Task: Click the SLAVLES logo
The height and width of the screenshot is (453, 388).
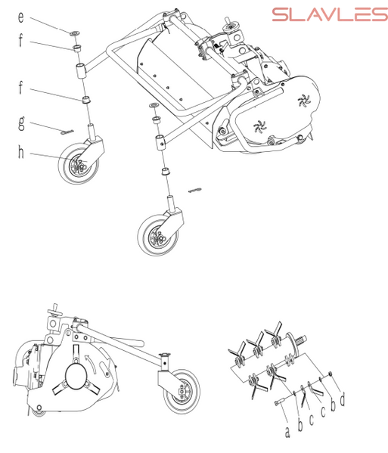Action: click(x=330, y=14)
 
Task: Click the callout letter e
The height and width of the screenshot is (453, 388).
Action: click(x=21, y=17)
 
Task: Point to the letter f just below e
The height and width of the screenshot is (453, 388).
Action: click(x=20, y=39)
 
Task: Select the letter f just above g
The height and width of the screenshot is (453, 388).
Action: click(x=20, y=87)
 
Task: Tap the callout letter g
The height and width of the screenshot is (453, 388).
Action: click(x=21, y=123)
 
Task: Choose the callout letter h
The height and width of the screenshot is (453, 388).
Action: click(x=21, y=152)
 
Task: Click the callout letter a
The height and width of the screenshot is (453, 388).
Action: click(x=287, y=432)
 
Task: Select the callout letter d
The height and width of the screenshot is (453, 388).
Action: click(x=343, y=400)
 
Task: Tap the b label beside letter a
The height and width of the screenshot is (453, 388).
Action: click(x=300, y=425)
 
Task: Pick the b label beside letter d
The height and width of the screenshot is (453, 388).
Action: click(x=333, y=405)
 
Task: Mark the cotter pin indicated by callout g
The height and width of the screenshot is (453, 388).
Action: click(x=67, y=132)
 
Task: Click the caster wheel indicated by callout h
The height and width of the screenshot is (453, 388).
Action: click(x=79, y=163)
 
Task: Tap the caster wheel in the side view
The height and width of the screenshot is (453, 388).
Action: click(x=182, y=391)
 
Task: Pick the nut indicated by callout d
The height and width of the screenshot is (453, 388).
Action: click(x=331, y=374)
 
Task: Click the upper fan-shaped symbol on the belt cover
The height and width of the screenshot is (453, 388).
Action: click(x=304, y=101)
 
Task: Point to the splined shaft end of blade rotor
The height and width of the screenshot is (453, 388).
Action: click(x=303, y=339)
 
